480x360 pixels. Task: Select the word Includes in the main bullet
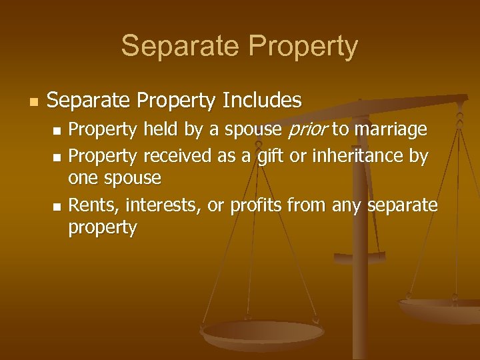tap(262, 101)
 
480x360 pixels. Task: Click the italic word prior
tap(307, 129)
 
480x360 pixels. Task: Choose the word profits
tap(257, 205)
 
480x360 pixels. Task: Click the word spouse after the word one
tap(131, 179)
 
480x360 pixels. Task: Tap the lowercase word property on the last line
tap(103, 228)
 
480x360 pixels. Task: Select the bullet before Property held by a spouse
tap(57, 130)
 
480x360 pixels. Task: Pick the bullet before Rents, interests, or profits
tap(57, 205)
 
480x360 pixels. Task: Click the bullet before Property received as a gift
tap(57, 157)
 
